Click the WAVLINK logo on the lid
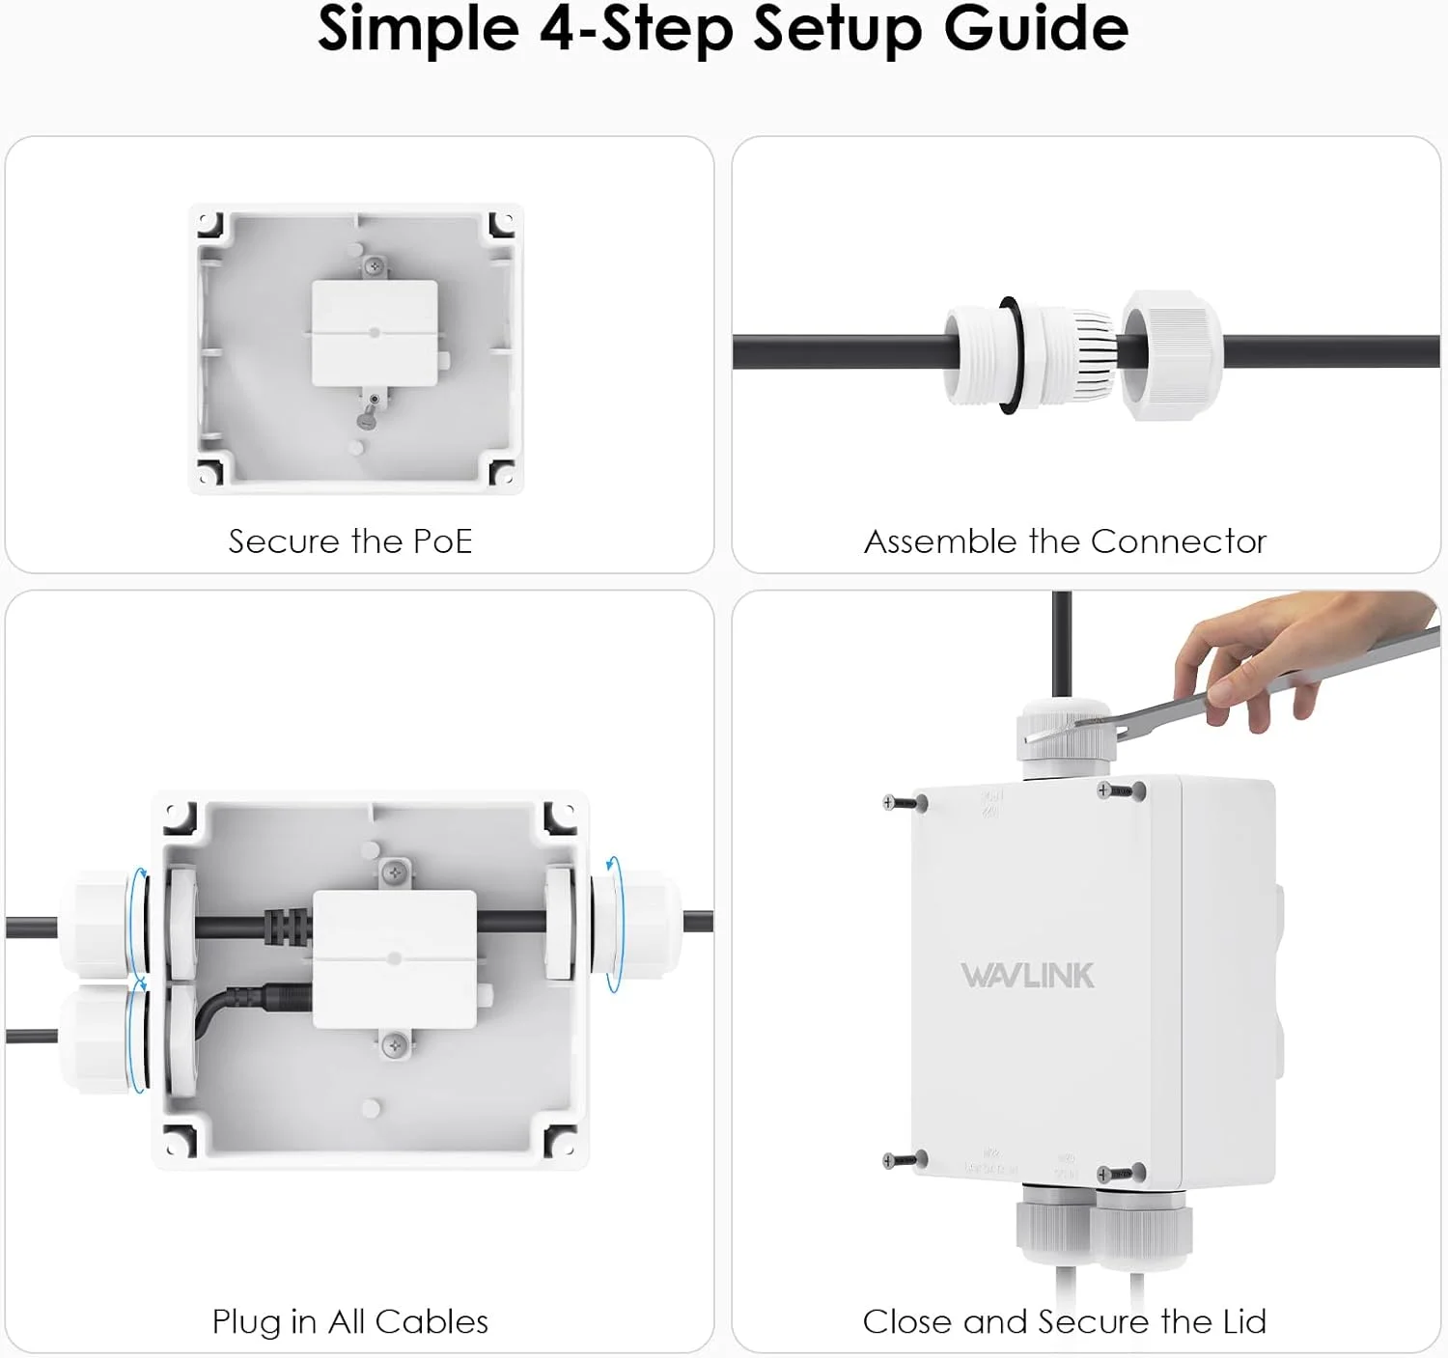[1027, 976]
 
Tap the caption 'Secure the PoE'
[349, 541]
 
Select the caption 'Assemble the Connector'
[1065, 541]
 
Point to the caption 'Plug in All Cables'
[349, 1321]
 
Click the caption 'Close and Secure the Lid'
[1064, 1321]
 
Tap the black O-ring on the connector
[1008, 354]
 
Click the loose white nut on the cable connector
[1171, 354]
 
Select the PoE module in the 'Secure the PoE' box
[375, 333]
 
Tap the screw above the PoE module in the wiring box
[394, 873]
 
